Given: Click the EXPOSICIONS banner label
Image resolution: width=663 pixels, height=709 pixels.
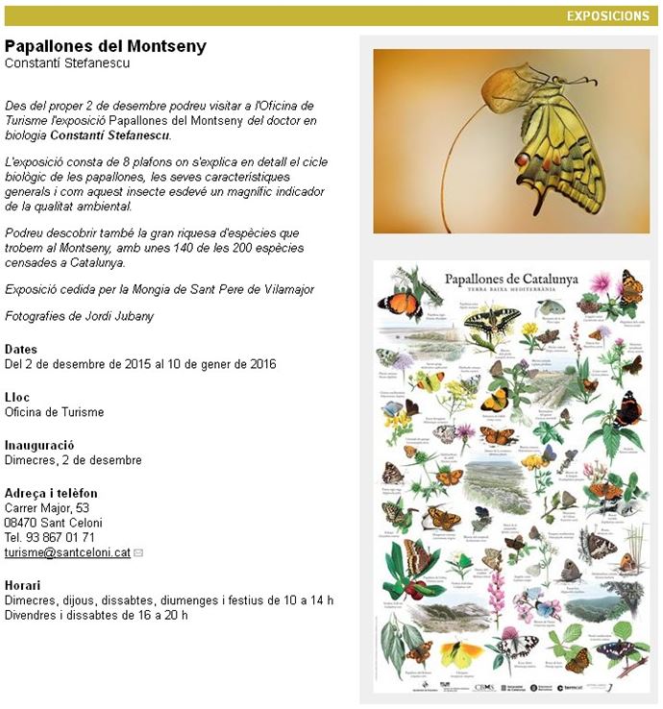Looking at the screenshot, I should click(607, 15).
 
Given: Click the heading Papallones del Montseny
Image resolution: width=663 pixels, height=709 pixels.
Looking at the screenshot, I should click(106, 46).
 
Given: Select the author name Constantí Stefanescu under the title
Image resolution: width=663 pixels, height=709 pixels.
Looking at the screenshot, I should click(67, 63).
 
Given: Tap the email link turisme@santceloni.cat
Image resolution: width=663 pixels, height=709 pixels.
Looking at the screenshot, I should click(67, 553).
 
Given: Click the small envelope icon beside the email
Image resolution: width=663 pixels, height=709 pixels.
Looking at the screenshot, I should click(138, 553).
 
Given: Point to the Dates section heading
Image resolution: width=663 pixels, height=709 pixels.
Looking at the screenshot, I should click(21, 349).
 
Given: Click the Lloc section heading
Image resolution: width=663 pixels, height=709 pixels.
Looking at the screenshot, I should click(17, 397).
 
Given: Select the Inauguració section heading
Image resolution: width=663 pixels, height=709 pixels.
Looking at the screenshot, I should click(39, 445).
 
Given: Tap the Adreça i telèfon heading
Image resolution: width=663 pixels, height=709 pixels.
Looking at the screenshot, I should click(51, 493).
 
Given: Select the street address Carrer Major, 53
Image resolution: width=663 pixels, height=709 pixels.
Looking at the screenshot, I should click(47, 508).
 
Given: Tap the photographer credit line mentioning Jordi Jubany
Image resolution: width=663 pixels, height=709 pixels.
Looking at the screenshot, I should click(79, 316).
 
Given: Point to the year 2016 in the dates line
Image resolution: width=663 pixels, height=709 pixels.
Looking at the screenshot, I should click(261, 364).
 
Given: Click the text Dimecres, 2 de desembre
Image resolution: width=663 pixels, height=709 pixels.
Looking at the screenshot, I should click(73, 460).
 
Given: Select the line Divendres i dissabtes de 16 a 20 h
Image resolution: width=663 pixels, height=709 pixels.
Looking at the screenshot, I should click(96, 615).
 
